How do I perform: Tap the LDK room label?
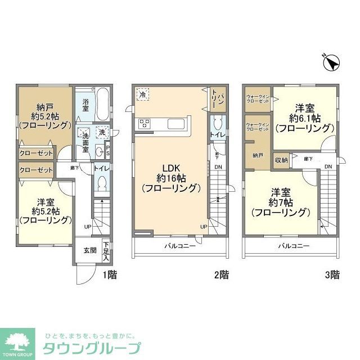pyautogui.click(x=172, y=177)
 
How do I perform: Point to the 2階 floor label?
pyautogui.click(x=221, y=275)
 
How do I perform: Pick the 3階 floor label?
pyautogui.click(x=332, y=275)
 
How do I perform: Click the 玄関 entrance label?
pyautogui.click(x=91, y=251)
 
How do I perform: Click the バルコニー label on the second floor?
pyautogui.click(x=179, y=246)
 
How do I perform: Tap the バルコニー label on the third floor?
pyautogui.click(x=293, y=246)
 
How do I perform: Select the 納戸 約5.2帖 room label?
pyautogui.click(x=44, y=118)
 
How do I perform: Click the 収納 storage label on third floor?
pyautogui.click(x=281, y=160)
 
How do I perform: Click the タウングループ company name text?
pyautogui.click(x=93, y=347)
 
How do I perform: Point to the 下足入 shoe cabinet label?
pyautogui.click(x=106, y=251)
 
